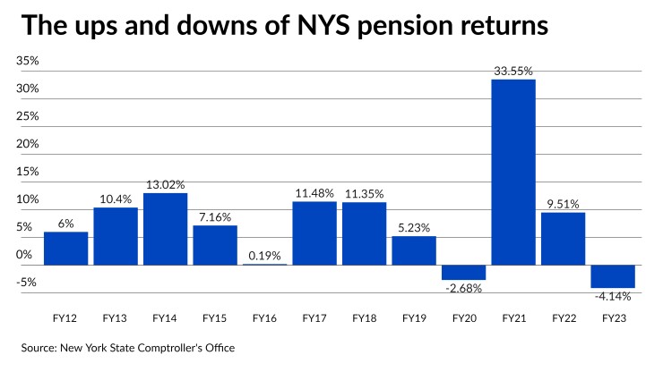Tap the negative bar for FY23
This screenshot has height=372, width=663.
click(613, 276)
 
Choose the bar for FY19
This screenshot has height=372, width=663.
click(414, 250)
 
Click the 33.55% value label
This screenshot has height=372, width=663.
click(513, 69)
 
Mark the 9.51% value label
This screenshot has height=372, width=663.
click(563, 202)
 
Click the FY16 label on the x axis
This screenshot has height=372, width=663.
click(264, 318)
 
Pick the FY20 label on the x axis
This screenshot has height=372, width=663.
click(463, 318)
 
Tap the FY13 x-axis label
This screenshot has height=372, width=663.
click(116, 318)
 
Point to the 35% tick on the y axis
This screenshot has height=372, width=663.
click(27, 61)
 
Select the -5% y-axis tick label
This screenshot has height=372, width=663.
click(27, 283)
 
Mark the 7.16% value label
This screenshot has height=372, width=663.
click(215, 216)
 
